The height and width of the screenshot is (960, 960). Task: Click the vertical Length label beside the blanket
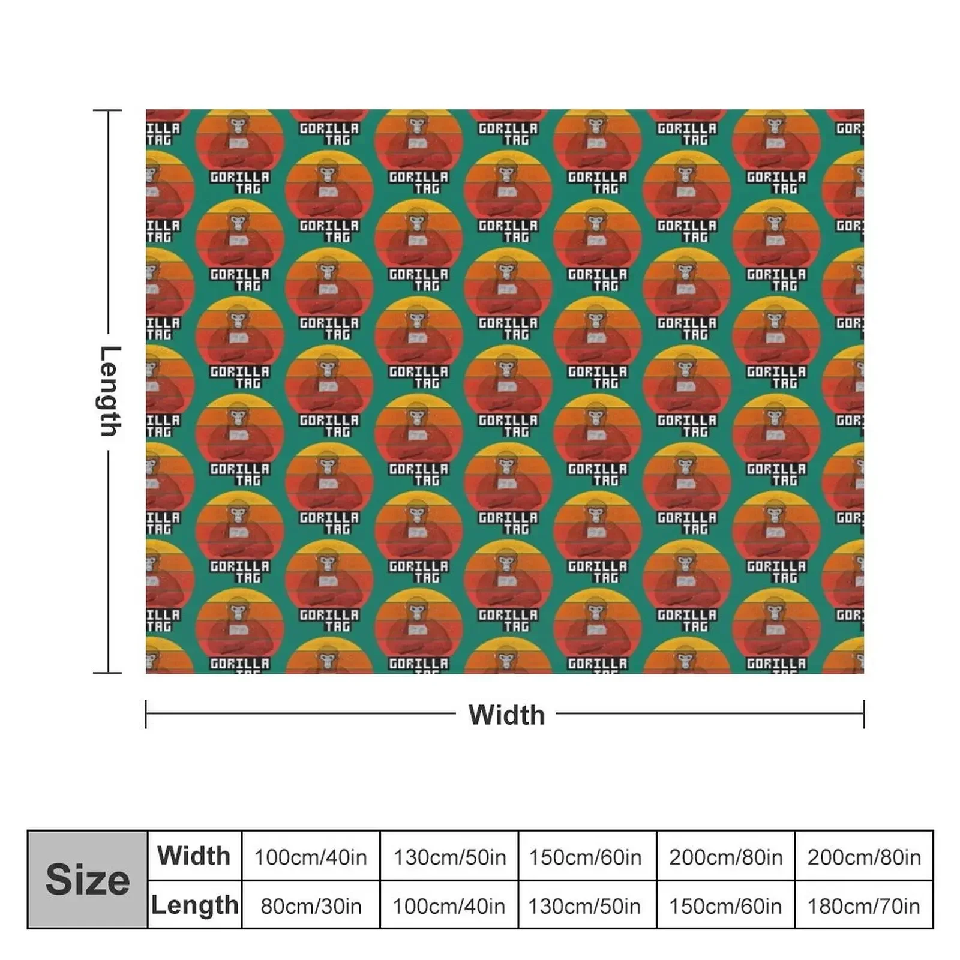(x=109, y=391)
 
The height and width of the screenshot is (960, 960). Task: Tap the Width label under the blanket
(x=506, y=715)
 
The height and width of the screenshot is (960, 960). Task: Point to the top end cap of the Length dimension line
(x=108, y=110)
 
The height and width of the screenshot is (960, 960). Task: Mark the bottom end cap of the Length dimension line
(x=108, y=673)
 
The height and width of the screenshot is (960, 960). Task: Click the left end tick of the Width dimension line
(x=146, y=714)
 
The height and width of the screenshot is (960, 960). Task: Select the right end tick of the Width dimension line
(x=864, y=714)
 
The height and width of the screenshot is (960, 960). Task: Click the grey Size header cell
(x=88, y=880)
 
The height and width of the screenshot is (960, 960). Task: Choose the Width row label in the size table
(x=194, y=856)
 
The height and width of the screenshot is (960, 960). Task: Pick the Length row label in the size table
(x=194, y=905)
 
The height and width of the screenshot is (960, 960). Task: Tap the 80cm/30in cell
(x=311, y=905)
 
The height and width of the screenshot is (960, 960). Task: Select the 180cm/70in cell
(x=863, y=905)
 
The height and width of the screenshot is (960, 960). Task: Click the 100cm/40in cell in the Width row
(x=311, y=857)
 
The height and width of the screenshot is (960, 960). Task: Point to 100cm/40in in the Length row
(x=449, y=905)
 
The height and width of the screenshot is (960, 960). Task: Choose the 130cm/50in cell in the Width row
(x=449, y=857)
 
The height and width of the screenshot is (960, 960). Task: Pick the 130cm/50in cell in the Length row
(x=584, y=905)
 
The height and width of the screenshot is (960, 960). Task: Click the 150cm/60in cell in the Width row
(x=585, y=857)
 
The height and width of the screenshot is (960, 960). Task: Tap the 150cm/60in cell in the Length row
(x=725, y=905)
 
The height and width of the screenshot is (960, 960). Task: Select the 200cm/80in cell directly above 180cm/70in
(x=863, y=857)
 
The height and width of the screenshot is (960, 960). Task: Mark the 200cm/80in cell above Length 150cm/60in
(x=725, y=857)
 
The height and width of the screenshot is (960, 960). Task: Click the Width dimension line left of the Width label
(x=300, y=714)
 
